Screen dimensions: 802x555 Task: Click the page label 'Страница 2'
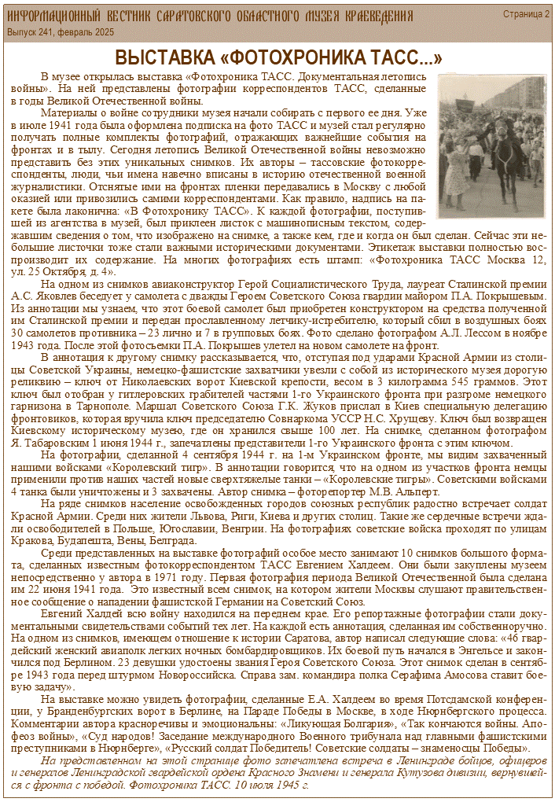coord(527,14)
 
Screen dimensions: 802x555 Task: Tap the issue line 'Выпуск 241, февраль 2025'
coord(61,32)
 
